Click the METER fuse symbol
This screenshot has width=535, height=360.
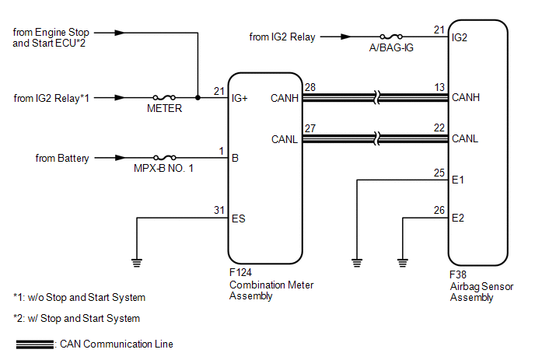click(x=164, y=98)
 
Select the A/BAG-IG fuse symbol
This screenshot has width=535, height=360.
click(x=391, y=37)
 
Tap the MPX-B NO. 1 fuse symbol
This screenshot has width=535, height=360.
click(x=165, y=158)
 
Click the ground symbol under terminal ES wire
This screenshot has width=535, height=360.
click(x=137, y=263)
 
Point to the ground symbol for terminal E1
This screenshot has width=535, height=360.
click(x=357, y=263)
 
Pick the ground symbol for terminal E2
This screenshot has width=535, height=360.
click(x=403, y=263)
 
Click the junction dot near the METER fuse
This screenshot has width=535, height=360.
click(x=198, y=98)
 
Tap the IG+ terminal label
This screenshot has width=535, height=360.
click(x=240, y=98)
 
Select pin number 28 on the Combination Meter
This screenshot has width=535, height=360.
click(x=310, y=87)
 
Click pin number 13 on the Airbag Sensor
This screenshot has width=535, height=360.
click(x=439, y=87)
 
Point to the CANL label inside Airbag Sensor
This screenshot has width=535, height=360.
click(x=465, y=138)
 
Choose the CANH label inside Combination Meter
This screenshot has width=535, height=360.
click(x=285, y=98)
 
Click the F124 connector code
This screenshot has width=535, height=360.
click(x=240, y=272)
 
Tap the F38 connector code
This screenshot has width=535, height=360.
click(x=458, y=274)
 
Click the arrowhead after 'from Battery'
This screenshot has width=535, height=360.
click(x=120, y=158)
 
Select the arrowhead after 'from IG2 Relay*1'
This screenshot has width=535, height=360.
click(x=120, y=98)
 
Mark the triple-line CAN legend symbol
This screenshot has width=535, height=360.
click(x=35, y=344)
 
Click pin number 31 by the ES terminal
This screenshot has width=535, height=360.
click(x=219, y=210)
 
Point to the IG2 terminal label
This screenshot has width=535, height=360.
click(x=460, y=37)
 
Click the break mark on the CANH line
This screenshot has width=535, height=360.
click(x=376, y=98)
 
